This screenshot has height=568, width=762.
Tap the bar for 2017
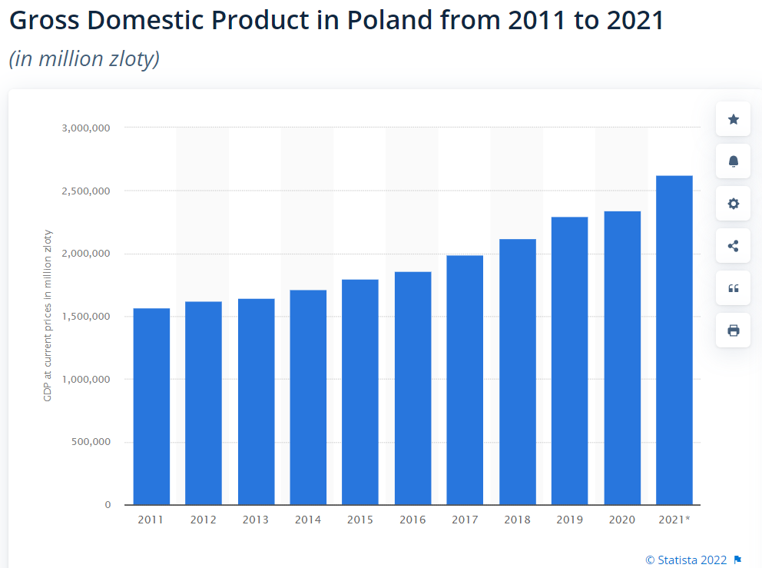[x=465, y=380]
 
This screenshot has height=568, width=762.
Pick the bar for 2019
[x=569, y=360]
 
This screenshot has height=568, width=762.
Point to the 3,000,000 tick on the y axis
[x=86, y=128]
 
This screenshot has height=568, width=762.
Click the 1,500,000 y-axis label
[x=86, y=317]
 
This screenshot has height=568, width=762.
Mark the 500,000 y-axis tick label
[x=91, y=442]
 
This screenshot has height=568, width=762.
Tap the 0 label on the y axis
[x=108, y=505]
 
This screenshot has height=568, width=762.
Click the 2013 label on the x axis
[x=256, y=520]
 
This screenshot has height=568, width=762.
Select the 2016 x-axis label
[x=412, y=520]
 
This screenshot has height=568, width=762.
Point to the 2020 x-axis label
[x=622, y=520]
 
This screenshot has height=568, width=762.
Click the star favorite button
[x=733, y=119]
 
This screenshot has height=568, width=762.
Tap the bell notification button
[x=733, y=161]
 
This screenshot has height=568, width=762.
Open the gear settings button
[x=733, y=204]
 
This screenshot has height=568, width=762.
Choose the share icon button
[x=733, y=246]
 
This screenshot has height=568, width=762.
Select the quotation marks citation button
[x=733, y=288]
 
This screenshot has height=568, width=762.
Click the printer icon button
[x=733, y=331]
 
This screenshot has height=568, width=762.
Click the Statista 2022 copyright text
[x=686, y=560]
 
